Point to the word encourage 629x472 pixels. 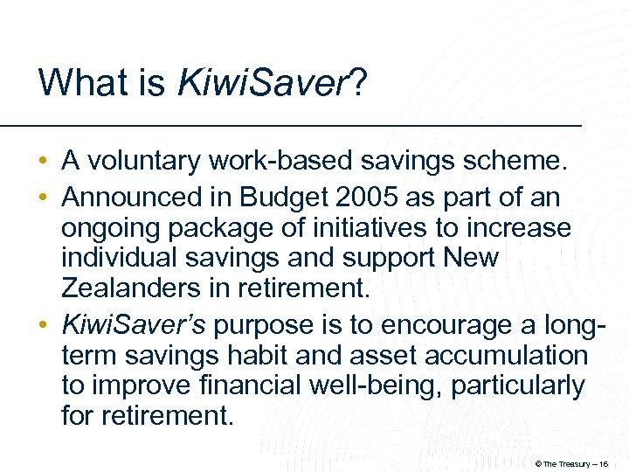pos(413,325)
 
